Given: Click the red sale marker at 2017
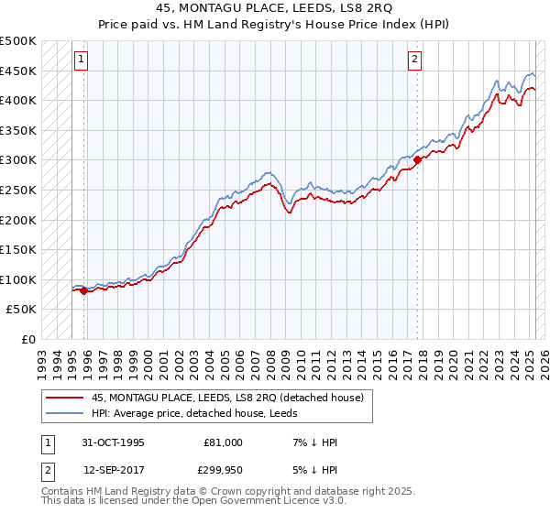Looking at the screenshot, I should (417, 159).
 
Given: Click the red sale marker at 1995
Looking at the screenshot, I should (84, 290).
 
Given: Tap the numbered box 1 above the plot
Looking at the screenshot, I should (82, 60).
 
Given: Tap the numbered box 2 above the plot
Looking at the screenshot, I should (414, 60).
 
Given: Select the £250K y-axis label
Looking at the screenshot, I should (18, 190).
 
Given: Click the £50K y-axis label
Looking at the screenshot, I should (22, 310).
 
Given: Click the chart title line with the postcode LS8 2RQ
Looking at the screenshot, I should (275, 9).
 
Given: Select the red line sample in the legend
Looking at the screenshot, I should (65, 397).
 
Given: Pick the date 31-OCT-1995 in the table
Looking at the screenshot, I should (114, 442).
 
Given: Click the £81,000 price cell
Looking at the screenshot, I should (223, 442).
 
